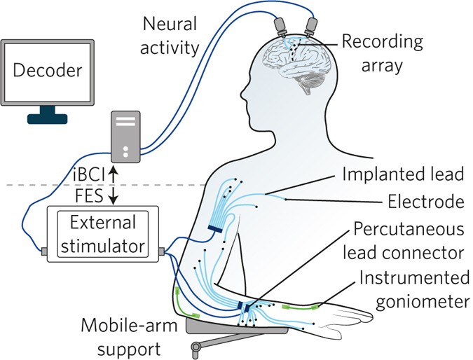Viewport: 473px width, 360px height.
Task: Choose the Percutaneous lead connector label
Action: click(x=409, y=241)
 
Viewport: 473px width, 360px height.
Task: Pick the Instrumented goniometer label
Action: click(x=414, y=290)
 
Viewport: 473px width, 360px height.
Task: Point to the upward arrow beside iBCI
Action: click(x=113, y=172)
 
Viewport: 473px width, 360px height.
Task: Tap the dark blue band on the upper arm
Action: click(x=215, y=228)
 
